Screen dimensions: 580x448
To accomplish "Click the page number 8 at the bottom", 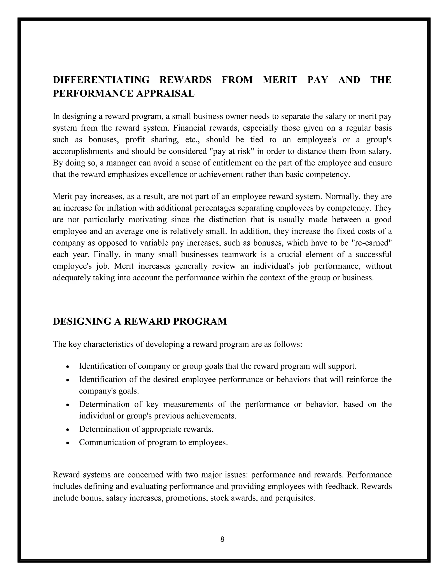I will (x=222, y=539).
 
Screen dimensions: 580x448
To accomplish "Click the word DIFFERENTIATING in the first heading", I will (x=101, y=80).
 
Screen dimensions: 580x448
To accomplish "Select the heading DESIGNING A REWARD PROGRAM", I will (x=140, y=321).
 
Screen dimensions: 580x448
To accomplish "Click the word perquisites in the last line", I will (x=294, y=498).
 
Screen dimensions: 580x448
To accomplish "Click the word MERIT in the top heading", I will (x=280, y=80).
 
